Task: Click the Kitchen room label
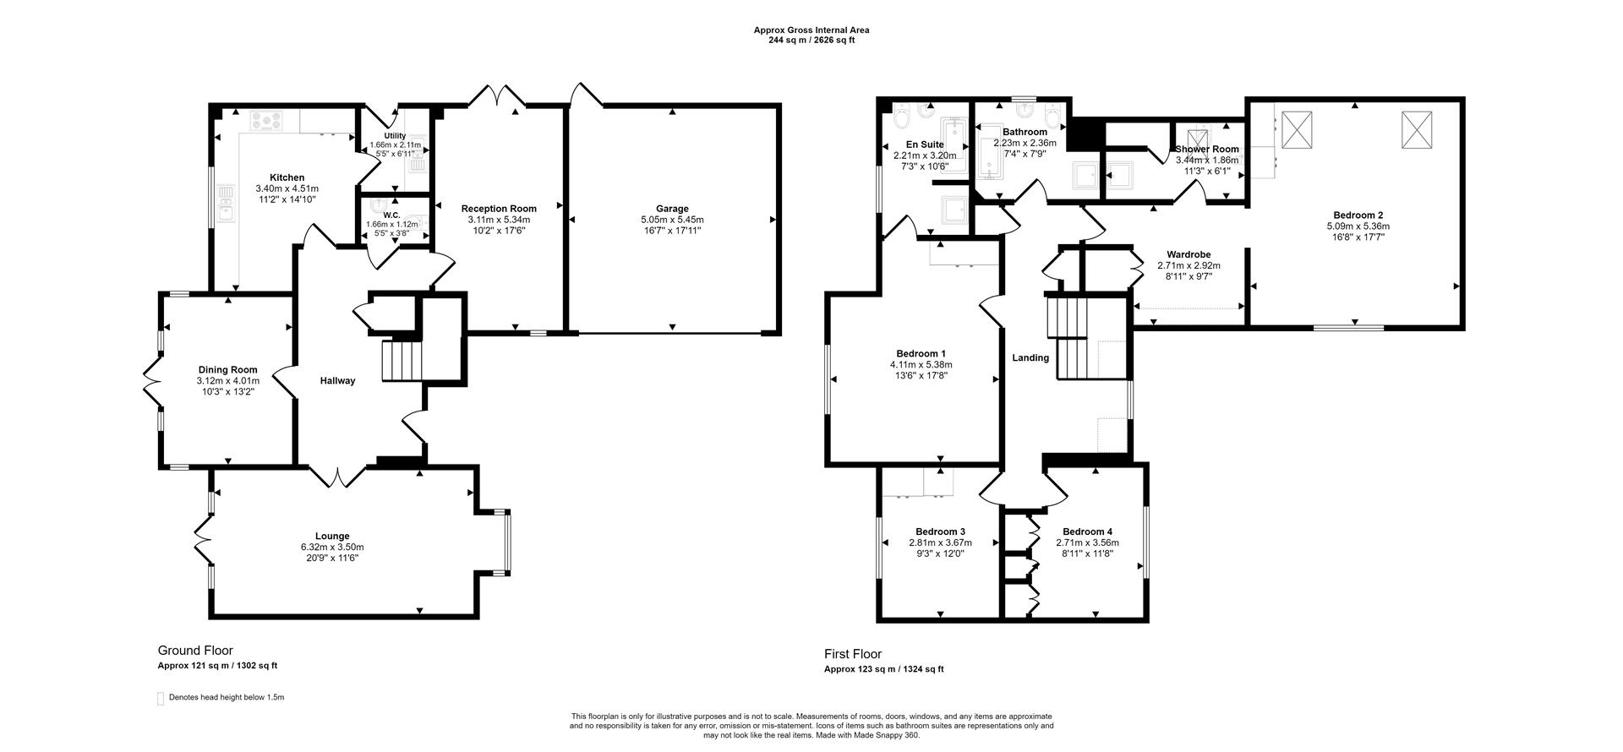pos(287,177)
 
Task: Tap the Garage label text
pos(672,209)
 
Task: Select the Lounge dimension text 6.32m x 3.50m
pos(332,547)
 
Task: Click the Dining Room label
pos(227,369)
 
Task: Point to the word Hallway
pos(337,380)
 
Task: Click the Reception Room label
pos(499,209)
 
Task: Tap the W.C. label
pos(392,215)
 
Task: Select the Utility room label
pos(395,135)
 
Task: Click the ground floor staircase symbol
pos(402,361)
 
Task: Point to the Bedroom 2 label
pos(1358,215)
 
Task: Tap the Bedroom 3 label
pos(940,531)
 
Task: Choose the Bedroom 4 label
pos(1087,531)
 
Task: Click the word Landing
pos(1030,357)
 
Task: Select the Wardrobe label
pos(1189,254)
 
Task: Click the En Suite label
pos(925,144)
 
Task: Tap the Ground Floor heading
pos(195,651)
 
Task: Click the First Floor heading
pos(853,654)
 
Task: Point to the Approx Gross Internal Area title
pos(811,30)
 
